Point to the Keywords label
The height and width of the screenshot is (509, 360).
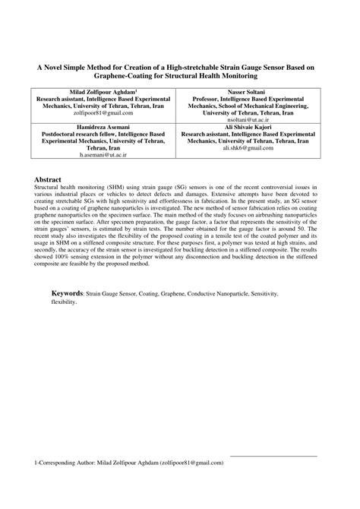(67, 292)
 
